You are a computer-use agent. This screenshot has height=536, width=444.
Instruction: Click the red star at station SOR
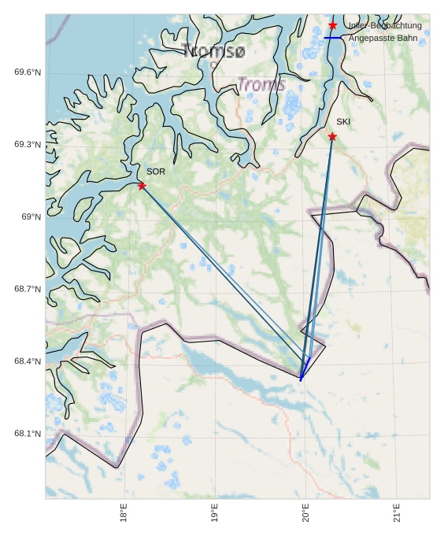click(142, 186)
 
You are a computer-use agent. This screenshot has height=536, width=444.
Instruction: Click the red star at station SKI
click(332, 137)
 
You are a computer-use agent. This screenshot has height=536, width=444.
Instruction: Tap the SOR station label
click(156, 172)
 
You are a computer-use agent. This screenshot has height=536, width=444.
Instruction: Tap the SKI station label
click(343, 122)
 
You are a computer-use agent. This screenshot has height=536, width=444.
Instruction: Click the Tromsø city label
click(214, 52)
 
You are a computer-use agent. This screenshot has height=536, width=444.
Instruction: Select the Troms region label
click(261, 84)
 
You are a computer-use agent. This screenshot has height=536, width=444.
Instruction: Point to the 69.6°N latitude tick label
click(28, 72)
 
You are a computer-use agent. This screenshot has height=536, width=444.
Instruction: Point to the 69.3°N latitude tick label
click(28, 145)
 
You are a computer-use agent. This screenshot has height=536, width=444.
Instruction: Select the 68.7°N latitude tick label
click(28, 290)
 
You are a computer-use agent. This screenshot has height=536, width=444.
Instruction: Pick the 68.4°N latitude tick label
click(28, 362)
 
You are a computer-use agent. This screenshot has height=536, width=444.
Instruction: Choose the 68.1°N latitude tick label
click(28, 434)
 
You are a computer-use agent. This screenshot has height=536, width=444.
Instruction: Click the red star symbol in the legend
click(332, 26)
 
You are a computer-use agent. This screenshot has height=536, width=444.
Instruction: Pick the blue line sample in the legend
click(332, 38)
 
